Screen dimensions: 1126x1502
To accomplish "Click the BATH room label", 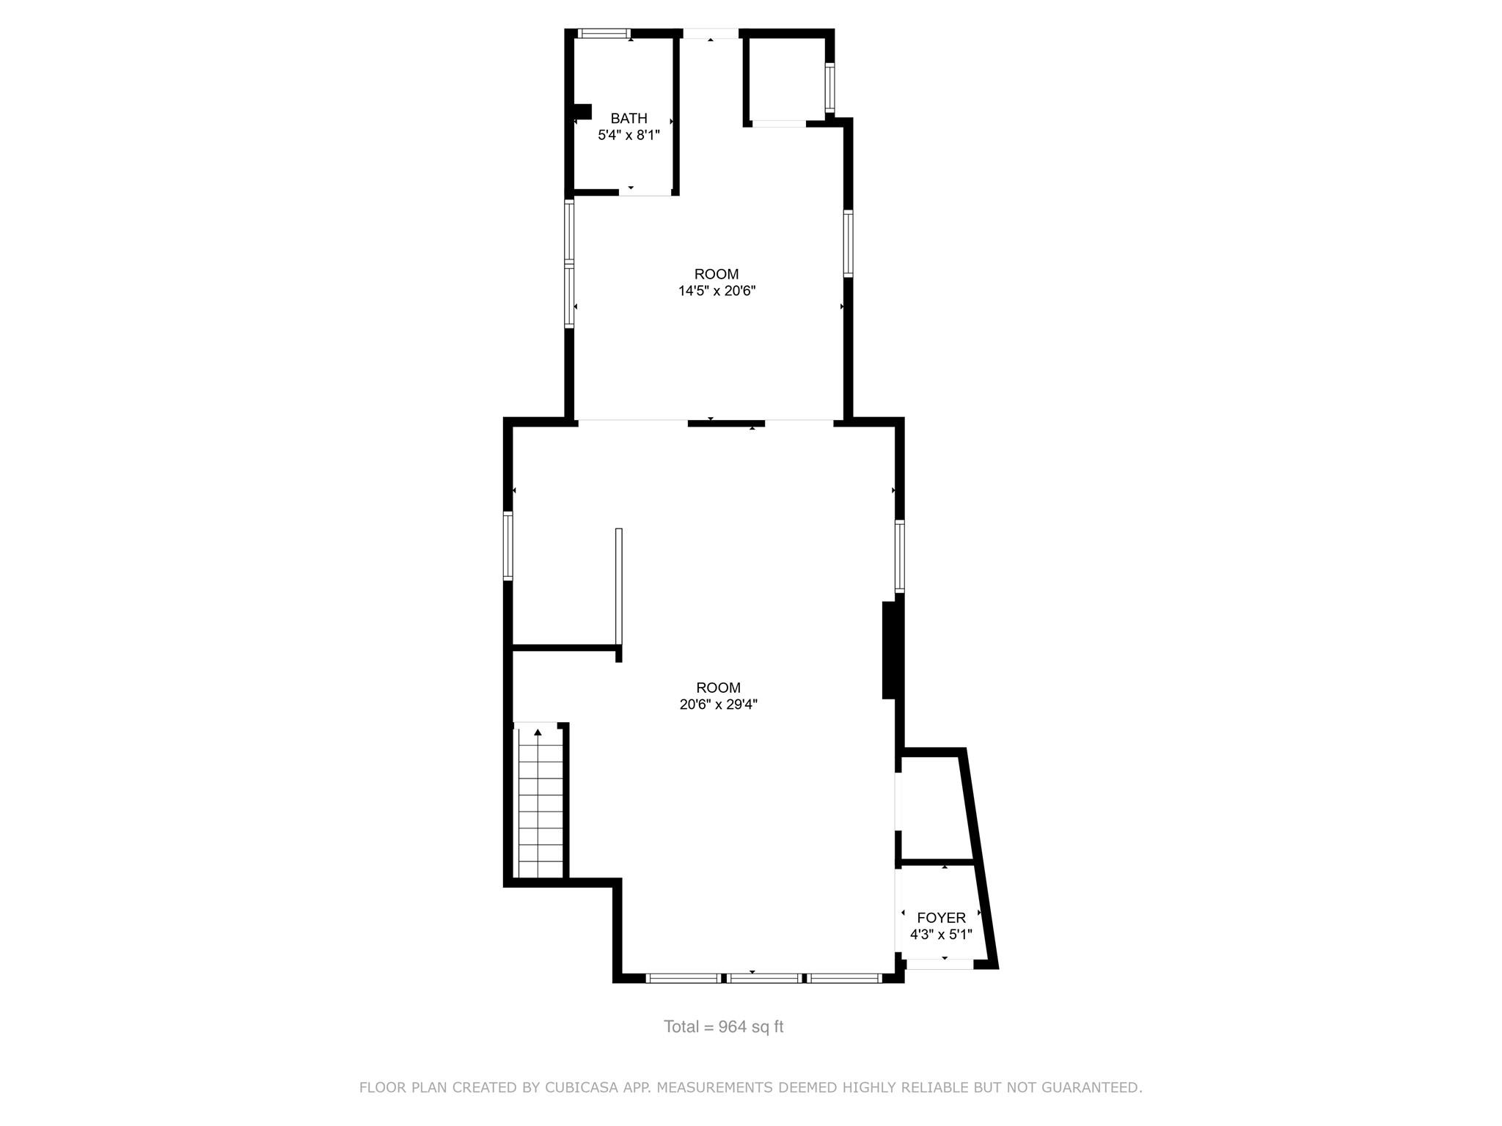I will coord(629,118).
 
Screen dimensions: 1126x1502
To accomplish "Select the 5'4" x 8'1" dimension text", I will coord(629,135).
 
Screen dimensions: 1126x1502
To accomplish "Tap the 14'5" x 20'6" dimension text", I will coord(717,291).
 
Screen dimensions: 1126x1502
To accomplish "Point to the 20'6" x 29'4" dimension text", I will coord(718,704).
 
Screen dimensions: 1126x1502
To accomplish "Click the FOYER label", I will coord(941,918).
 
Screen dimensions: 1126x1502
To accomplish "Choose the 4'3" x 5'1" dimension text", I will coord(941,935).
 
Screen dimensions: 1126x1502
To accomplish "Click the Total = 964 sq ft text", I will coord(723,1027).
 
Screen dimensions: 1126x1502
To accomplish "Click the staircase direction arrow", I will coord(538,732).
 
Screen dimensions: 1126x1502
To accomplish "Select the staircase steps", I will coord(541,806).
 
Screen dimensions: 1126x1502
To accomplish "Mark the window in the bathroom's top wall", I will coord(604,33).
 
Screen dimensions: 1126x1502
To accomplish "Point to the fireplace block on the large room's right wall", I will coord(889,650).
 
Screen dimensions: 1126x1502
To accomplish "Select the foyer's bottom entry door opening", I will coord(939,965).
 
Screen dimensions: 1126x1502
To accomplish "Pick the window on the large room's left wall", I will coord(508,546).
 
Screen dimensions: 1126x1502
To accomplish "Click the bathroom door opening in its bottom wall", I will coord(645,191).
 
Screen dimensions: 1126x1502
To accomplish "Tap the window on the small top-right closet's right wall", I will coord(829,89).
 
